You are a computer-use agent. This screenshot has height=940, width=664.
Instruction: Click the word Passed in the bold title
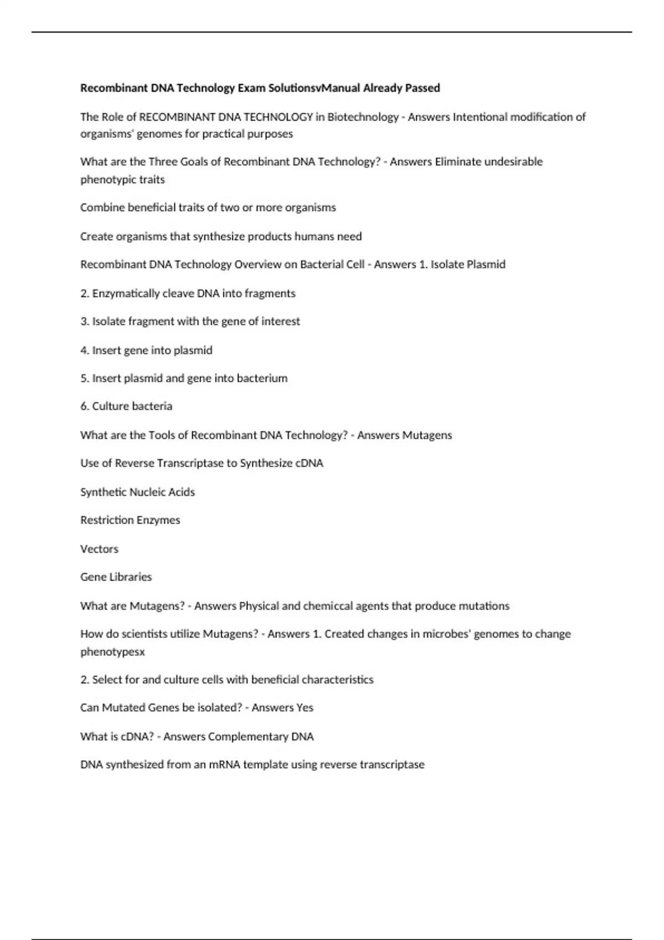tap(423, 88)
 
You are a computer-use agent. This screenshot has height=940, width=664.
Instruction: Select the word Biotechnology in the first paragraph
tap(362, 117)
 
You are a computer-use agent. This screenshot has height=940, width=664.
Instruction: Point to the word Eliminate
tap(456, 161)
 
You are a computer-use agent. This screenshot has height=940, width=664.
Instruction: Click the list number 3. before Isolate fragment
tap(85, 321)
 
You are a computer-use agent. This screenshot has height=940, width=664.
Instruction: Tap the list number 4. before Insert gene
tap(85, 350)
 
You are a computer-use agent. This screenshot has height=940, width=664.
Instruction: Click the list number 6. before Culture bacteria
tap(85, 406)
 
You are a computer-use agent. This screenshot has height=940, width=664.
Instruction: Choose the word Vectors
tap(99, 549)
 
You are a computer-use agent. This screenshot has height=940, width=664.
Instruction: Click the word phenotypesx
tap(112, 651)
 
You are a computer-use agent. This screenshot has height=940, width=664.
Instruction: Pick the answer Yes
tap(304, 707)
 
